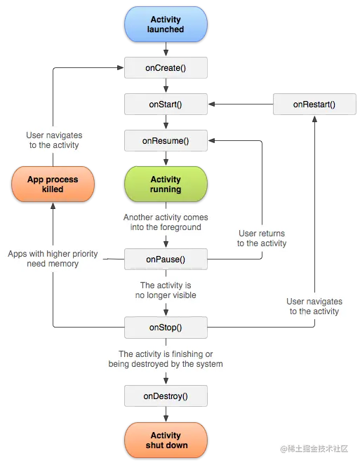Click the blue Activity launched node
166,25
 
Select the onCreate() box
166,67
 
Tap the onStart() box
166,105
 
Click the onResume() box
166,141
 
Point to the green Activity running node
166,184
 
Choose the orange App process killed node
53,184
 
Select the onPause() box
166,260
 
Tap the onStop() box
166,327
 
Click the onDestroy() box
166,396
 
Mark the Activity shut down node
166,440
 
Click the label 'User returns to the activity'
262,238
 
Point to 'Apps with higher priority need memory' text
53,259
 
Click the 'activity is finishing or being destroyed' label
166,359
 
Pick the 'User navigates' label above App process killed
53,140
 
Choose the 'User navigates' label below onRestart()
314,306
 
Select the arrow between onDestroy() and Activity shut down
166,415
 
